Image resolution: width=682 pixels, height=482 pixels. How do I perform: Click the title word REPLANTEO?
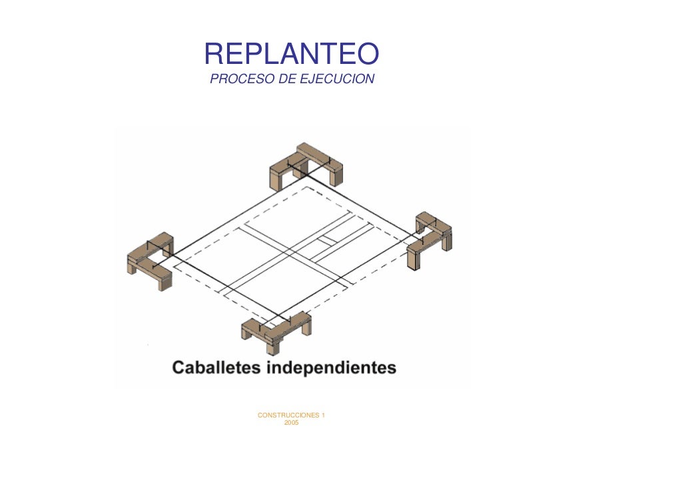coord(291,54)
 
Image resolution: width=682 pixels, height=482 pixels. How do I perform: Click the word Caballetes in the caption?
coord(216,367)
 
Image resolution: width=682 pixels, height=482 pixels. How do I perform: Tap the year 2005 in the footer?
coord(291,423)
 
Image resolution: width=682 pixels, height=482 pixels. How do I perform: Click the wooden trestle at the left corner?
coord(150,260)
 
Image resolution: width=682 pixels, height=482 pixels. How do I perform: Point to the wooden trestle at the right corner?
coord(430,239)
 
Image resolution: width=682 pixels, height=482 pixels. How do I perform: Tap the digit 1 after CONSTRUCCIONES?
coord(323,415)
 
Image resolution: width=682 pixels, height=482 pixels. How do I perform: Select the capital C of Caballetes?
coord(179,367)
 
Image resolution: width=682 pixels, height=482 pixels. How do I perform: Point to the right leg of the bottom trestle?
coord(306,327)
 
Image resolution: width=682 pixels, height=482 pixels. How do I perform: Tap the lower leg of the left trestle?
coord(164,280)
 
